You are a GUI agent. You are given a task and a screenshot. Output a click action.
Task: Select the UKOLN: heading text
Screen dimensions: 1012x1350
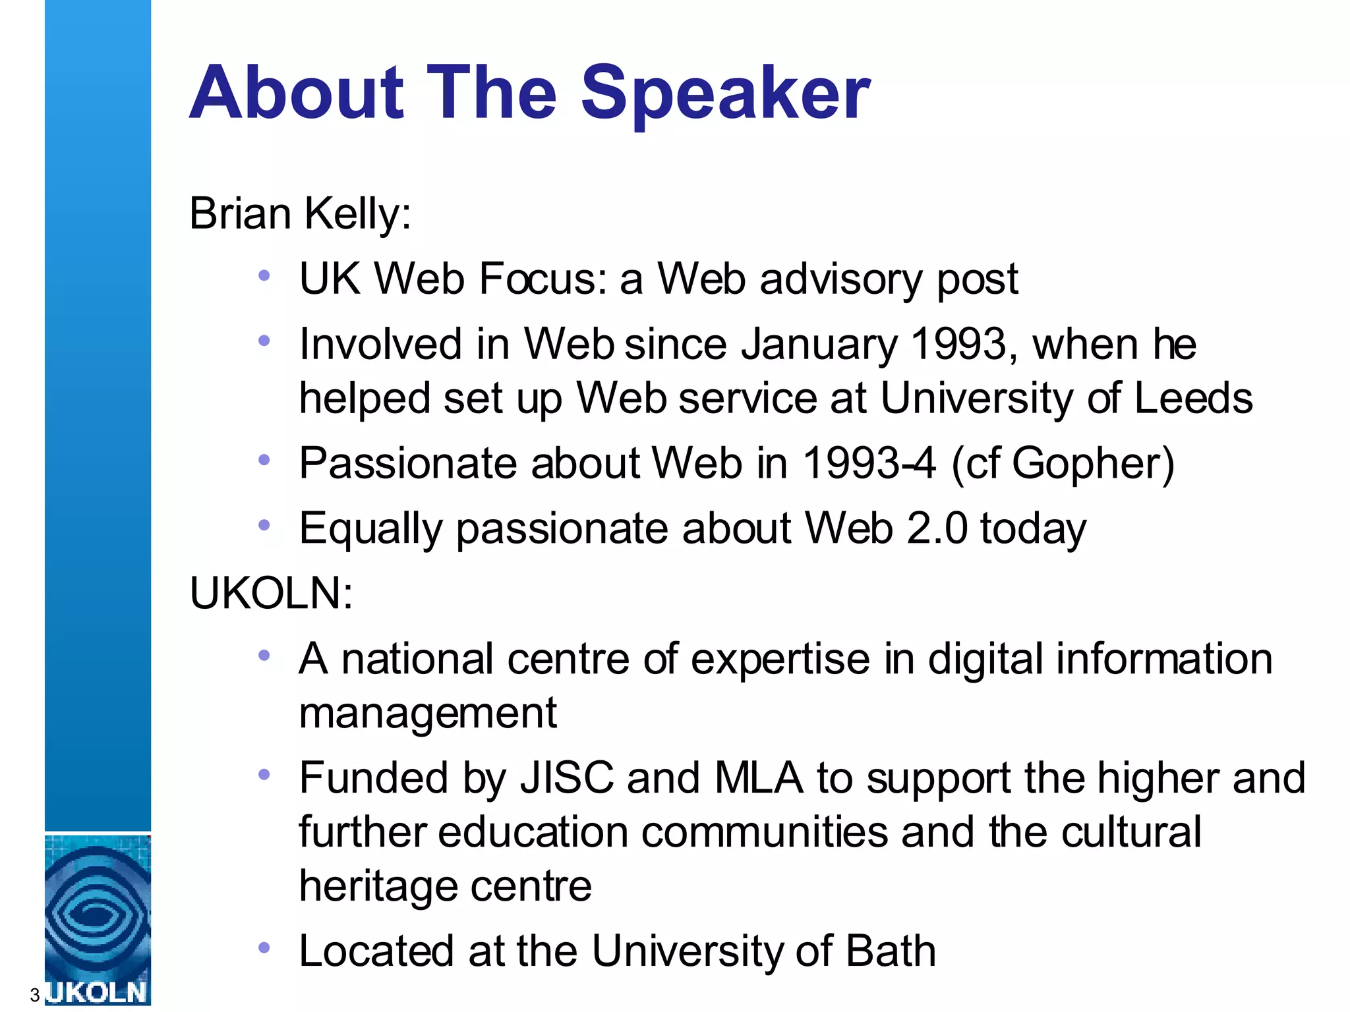[x=271, y=592]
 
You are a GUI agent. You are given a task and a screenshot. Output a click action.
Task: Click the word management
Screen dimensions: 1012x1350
[x=428, y=714]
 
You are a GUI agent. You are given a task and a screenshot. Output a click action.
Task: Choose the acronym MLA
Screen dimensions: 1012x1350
[x=759, y=777]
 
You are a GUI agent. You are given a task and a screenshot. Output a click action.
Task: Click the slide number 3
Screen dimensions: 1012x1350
[x=34, y=995]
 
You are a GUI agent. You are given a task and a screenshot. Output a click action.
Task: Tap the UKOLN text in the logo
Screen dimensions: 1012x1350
[x=98, y=992]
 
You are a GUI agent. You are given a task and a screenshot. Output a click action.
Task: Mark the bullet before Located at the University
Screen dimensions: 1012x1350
[x=264, y=948]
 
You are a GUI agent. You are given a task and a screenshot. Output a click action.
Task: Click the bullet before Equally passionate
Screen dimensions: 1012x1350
[x=264, y=525]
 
